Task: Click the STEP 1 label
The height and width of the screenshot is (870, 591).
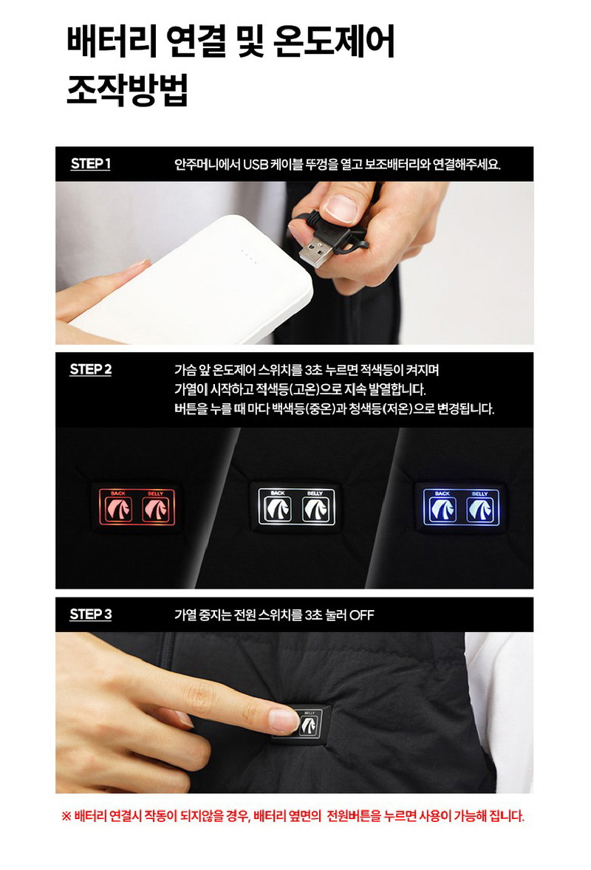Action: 90,164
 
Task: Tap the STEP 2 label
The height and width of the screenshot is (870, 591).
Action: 90,369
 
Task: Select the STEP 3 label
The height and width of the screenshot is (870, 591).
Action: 90,614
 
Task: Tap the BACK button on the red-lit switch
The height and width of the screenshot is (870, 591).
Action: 119,510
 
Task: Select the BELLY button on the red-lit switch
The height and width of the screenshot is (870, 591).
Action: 156,510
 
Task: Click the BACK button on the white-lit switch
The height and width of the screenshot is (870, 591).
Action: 278,510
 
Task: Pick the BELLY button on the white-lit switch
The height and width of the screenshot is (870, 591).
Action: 315,510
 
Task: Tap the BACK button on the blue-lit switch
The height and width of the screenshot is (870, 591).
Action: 443,510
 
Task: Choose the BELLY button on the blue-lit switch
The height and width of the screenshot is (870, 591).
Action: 479,510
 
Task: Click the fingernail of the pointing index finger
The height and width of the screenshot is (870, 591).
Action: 283,720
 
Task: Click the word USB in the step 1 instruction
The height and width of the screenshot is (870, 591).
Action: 256,165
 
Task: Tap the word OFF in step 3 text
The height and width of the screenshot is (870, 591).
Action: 362,614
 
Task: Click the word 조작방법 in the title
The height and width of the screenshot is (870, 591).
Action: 128,89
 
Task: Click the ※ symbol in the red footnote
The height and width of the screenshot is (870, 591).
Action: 66,816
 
